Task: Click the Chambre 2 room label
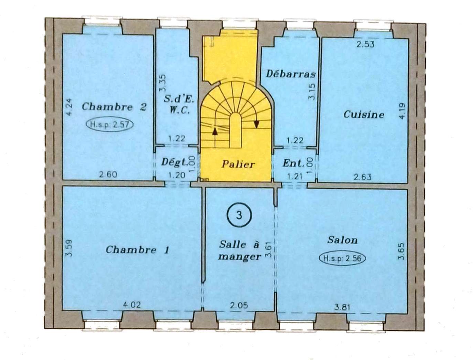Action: point(114,107)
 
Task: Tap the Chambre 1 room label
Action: point(137,250)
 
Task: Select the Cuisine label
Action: point(364,114)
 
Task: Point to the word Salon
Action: point(342,240)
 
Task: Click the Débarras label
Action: point(291,74)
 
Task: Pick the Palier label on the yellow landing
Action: point(238,165)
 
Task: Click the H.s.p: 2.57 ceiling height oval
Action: point(110,124)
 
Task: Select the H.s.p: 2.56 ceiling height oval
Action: point(342,258)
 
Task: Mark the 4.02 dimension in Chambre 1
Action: point(132,305)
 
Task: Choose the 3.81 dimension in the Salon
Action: point(342,307)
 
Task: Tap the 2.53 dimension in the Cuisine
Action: point(366,44)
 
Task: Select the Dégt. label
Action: point(175,162)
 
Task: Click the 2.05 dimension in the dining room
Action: point(239,305)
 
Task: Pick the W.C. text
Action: point(179,111)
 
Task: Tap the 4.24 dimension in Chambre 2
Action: point(69,107)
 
